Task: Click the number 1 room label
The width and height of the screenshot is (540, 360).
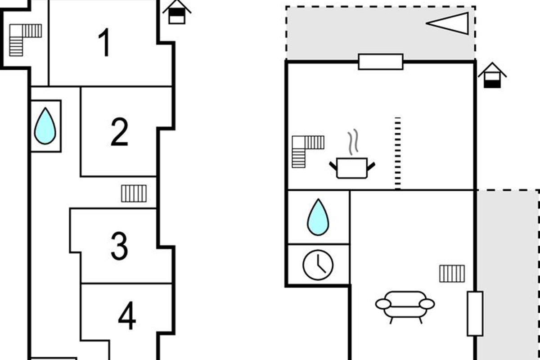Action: tap(105, 42)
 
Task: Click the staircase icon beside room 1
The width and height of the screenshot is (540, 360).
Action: tap(25, 40)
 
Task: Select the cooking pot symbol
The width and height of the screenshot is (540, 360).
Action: tap(352, 168)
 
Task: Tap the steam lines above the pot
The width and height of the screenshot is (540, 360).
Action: tap(354, 142)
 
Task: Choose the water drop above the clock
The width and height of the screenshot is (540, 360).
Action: tap(318, 217)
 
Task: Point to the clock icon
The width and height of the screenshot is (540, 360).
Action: tap(318, 265)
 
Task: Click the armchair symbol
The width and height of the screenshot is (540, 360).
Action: tap(405, 306)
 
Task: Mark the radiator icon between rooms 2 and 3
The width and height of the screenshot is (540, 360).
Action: tap(134, 193)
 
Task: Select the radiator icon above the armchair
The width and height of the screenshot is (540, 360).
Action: tap(452, 274)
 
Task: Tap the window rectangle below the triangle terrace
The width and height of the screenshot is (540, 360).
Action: tap(381, 62)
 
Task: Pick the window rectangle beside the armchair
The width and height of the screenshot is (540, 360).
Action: tap(475, 314)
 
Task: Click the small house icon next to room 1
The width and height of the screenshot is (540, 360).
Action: tap(177, 12)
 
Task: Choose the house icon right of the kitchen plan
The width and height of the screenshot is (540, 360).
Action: tap(492, 76)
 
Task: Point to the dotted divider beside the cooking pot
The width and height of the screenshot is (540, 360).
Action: tap(397, 153)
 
